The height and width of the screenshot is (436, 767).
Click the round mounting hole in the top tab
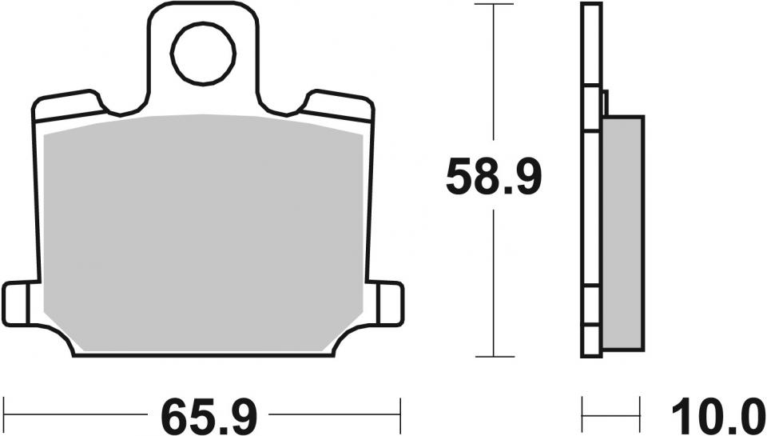click(204, 54)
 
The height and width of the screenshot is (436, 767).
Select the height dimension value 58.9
click(494, 178)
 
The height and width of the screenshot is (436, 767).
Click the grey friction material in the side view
click(623, 232)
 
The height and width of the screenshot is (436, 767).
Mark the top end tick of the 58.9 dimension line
click(494, 4)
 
